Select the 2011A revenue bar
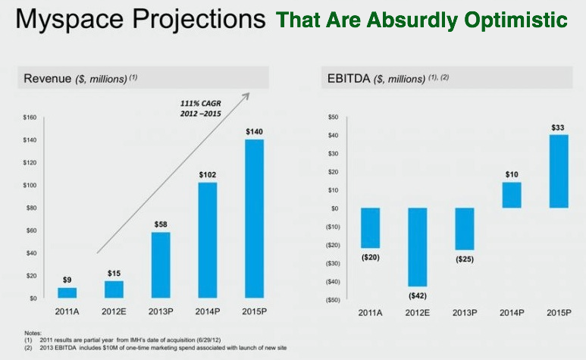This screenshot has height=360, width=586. tap(67, 293)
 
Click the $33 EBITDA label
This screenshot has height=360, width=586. tap(557, 127)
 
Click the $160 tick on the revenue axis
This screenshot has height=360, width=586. tap(30, 117)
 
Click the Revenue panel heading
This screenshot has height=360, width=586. tap(49, 78)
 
